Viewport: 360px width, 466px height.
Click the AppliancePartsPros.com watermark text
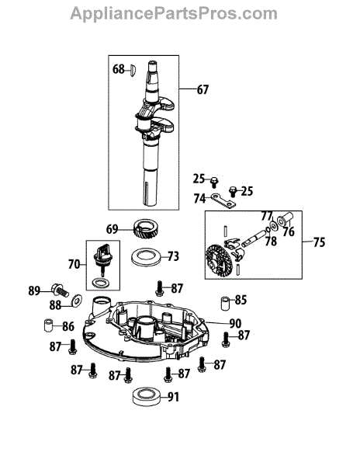(x=174, y=13)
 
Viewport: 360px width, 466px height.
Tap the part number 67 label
(x=202, y=89)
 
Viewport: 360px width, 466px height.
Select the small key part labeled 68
(x=133, y=70)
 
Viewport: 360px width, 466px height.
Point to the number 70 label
(x=74, y=264)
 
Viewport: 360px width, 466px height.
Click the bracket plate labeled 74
(x=223, y=201)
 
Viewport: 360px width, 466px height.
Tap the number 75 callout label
(x=319, y=242)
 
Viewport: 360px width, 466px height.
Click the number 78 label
(x=271, y=242)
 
